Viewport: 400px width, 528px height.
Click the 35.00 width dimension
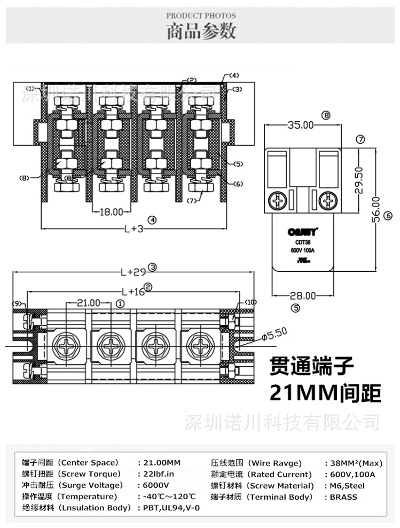301,125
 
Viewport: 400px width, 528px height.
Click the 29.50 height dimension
359,180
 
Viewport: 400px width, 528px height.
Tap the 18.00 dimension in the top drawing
111,212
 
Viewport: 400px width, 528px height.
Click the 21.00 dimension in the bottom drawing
88,303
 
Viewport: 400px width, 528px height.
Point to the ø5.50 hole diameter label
274,334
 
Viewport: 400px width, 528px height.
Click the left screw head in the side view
279,201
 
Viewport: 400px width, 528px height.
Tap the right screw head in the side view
327,201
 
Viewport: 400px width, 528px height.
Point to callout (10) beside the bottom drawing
250,302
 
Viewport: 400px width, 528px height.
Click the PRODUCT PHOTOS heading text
201,16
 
